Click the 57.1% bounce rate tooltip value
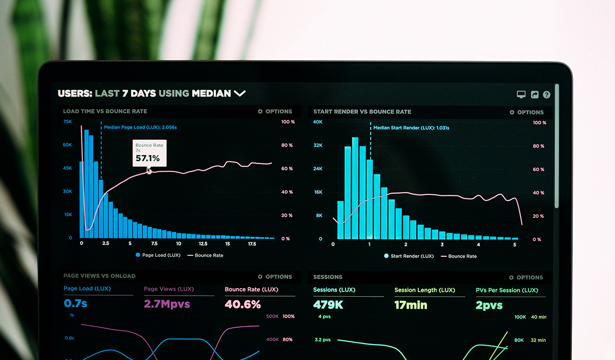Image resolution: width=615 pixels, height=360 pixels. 148,158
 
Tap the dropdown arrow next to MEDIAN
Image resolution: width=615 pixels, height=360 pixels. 240,93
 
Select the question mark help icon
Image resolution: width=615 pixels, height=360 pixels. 546,95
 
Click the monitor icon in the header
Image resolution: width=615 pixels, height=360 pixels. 521,95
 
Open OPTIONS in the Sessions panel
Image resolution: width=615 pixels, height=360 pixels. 526,278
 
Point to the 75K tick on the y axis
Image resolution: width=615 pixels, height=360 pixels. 68,122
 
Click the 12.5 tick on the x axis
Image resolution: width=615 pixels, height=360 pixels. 203,244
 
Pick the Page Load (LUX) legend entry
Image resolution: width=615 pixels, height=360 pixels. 158,255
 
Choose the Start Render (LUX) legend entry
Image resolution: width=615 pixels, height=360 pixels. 409,256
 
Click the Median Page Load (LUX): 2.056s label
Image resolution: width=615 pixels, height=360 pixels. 140,127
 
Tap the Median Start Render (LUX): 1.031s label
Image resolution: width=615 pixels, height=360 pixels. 411,128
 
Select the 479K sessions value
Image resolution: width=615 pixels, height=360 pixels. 328,305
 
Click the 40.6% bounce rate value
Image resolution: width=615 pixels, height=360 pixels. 243,304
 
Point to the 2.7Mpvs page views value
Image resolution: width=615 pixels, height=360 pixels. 167,304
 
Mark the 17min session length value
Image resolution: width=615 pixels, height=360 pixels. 411,305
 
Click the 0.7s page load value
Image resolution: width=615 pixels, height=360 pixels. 75,303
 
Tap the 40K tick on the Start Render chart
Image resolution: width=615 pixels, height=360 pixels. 317,122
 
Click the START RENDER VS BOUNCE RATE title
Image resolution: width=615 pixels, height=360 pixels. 362,112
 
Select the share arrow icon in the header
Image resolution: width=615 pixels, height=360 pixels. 535,95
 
